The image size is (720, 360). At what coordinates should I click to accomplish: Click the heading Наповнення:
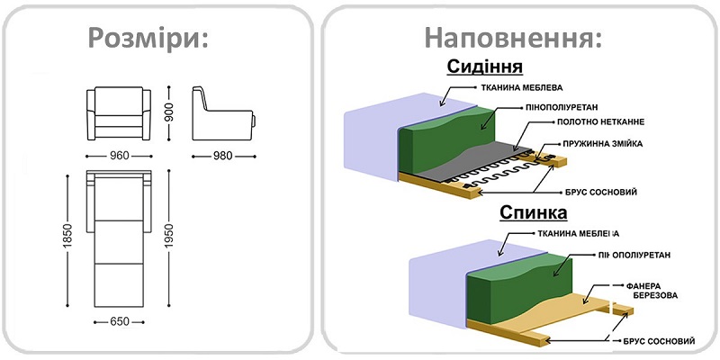point(513,38)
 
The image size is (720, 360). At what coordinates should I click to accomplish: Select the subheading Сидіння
point(485,68)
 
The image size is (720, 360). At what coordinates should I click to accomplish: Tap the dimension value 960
point(121,155)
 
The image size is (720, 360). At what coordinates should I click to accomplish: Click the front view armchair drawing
point(121,111)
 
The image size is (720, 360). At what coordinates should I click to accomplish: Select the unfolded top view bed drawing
point(121,237)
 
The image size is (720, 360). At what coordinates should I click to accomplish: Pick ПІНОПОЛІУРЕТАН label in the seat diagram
point(594,105)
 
